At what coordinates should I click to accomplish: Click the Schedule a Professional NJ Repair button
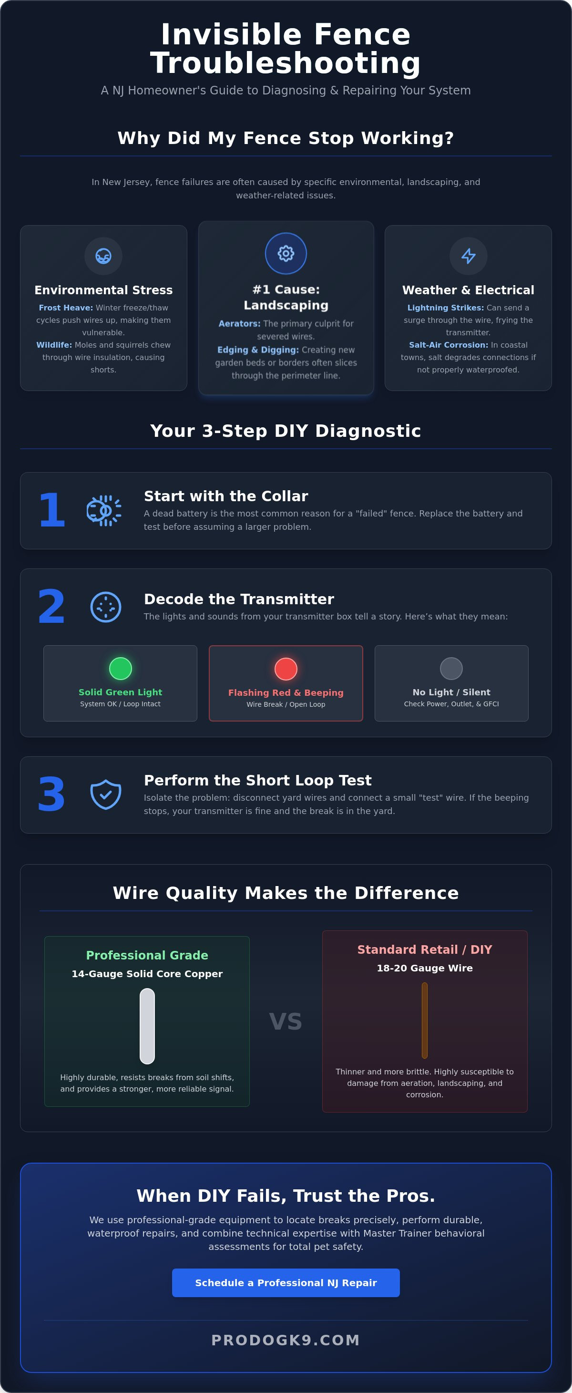[286, 1282]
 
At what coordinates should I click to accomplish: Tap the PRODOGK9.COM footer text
[286, 1340]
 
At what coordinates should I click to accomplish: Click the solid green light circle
[121, 669]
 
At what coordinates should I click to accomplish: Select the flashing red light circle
[286, 669]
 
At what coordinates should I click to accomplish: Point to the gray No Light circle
[451, 669]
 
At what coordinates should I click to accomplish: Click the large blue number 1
[52, 510]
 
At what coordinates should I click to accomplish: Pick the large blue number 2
[51, 606]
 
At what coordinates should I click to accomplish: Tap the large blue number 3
[51, 795]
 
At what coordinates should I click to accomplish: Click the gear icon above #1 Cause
[286, 253]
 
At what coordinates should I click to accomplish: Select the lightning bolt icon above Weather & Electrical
[469, 256]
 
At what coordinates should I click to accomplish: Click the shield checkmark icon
[105, 795]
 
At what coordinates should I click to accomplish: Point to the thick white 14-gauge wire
[147, 1026]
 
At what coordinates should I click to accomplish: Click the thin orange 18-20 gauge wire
[424, 1020]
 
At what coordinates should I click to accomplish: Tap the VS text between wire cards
[286, 1021]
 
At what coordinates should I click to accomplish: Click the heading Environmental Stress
[103, 290]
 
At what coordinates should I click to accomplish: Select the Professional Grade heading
[147, 955]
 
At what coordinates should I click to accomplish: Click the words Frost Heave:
[66, 308]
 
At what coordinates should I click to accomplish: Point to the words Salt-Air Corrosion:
[449, 345]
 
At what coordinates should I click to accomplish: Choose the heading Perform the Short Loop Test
[257, 780]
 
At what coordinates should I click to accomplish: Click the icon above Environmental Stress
[103, 256]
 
